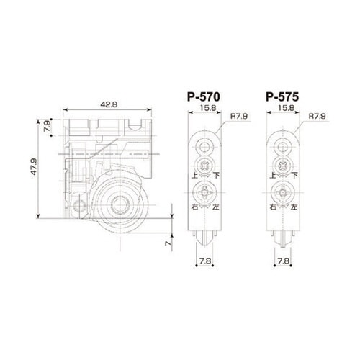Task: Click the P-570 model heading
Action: [203, 97]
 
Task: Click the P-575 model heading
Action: [282, 97]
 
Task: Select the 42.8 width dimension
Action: [109, 104]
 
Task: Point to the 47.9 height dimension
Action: [34, 166]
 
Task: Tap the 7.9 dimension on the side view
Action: [47, 126]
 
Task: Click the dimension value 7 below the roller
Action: [168, 243]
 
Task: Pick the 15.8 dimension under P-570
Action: [208, 108]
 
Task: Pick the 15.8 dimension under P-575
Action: [287, 108]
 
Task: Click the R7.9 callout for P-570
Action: [239, 116]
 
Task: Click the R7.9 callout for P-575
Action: [317, 116]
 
